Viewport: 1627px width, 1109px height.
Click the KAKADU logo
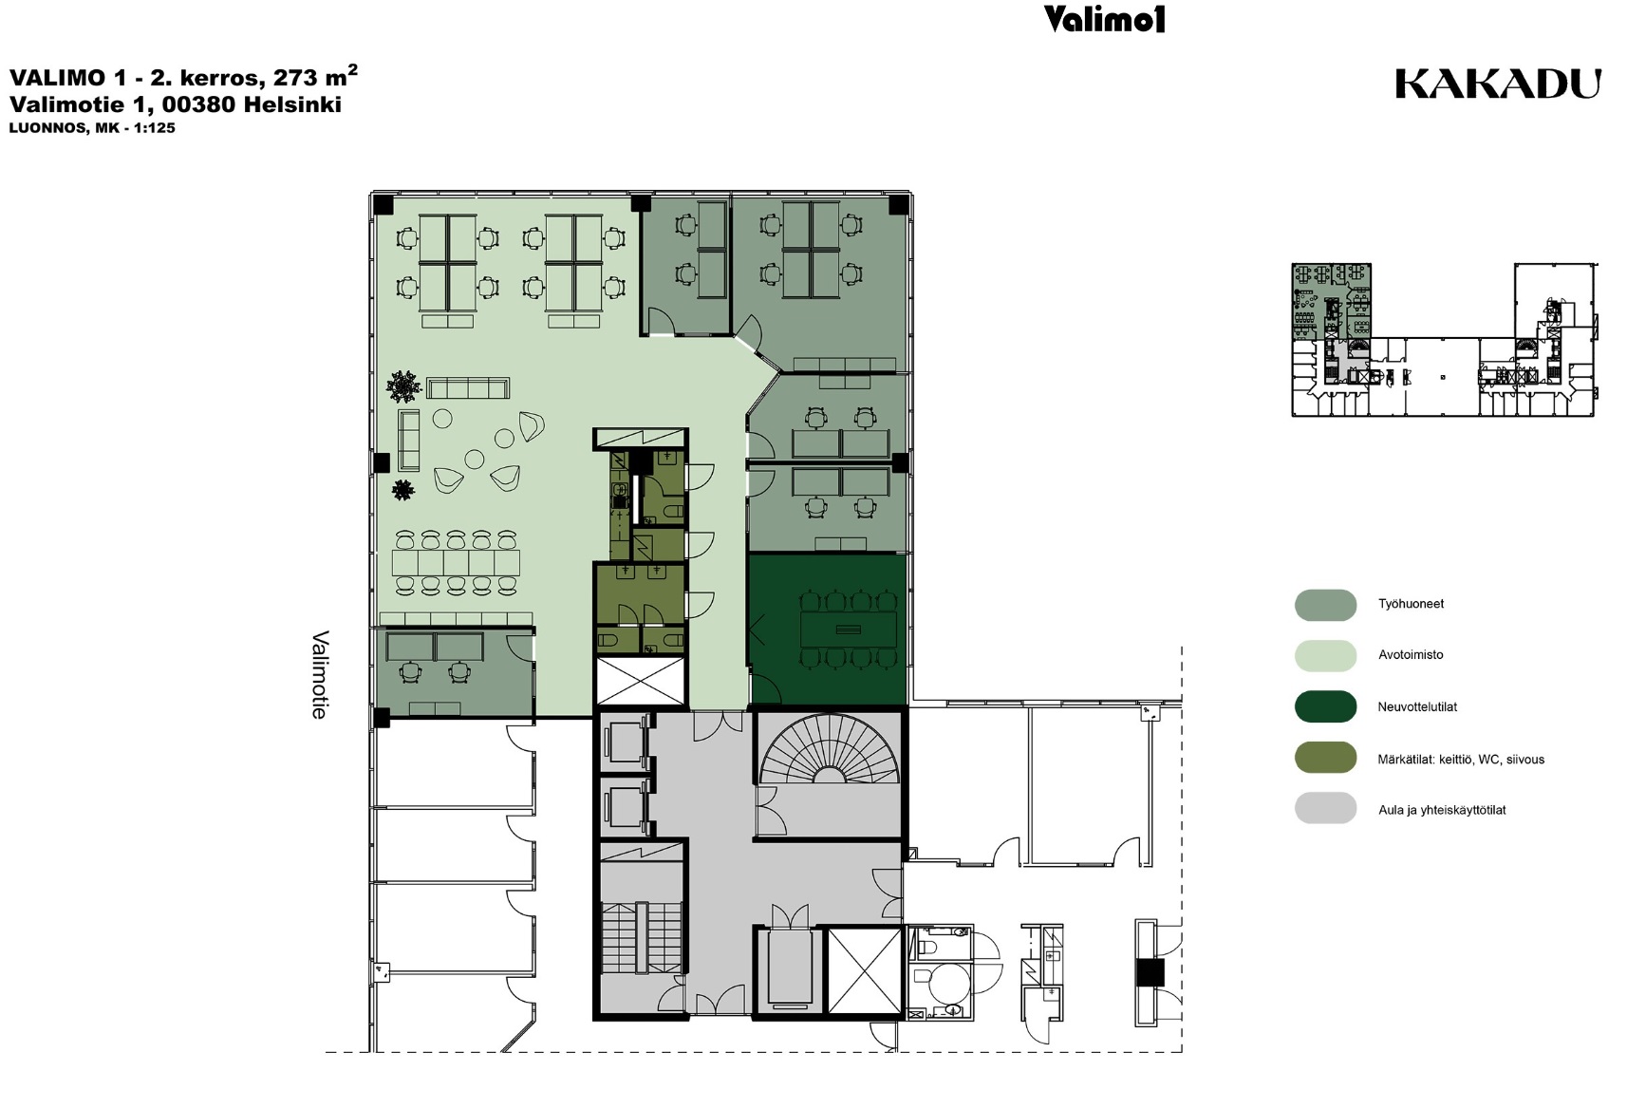coord(1498,85)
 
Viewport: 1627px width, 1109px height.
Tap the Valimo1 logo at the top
coord(1104,19)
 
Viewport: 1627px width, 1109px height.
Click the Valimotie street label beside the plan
coord(320,674)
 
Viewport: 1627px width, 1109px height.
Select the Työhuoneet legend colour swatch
coord(1325,605)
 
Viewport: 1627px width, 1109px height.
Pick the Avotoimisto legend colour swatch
coord(1325,655)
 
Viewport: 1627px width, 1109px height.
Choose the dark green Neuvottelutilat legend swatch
coord(1325,706)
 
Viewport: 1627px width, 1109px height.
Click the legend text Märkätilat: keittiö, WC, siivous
coord(1461,760)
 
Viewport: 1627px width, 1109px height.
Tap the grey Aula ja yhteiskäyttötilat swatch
coord(1325,808)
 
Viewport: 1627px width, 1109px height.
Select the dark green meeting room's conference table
coord(849,630)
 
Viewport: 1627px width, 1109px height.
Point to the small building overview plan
coord(1444,339)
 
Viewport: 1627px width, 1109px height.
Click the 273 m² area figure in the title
coord(315,76)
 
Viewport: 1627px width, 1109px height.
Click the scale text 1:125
coord(154,128)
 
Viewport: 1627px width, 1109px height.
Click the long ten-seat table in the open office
coord(457,562)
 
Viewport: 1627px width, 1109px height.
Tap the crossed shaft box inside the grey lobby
coord(865,970)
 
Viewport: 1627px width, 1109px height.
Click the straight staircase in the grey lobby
coord(642,937)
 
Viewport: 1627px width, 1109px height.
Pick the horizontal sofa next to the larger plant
coord(468,388)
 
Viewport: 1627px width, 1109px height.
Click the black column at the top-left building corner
coord(383,204)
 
